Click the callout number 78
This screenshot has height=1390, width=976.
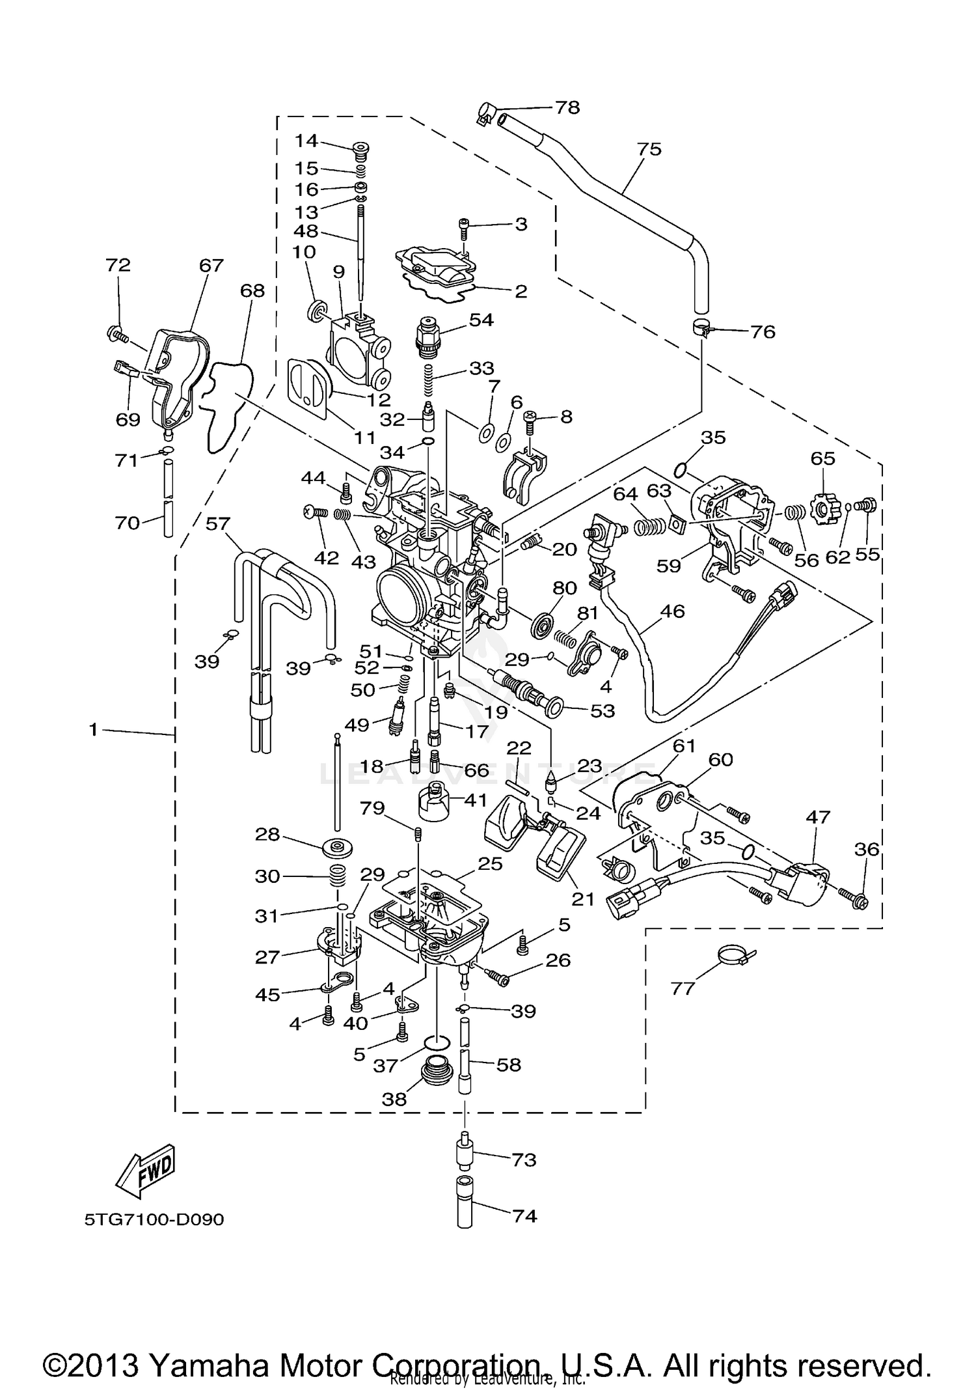[x=567, y=107]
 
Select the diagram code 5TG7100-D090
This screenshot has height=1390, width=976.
[x=154, y=1219]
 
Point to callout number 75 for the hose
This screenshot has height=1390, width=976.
[x=649, y=149]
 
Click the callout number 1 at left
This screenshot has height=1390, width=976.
[x=93, y=730]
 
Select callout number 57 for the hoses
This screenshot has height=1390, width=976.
[x=219, y=523]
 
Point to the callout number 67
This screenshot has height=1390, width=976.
[x=211, y=265]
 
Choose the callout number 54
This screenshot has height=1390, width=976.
[x=481, y=320]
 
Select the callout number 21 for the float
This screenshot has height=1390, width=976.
[x=583, y=898]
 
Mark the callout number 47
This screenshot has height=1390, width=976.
[x=818, y=816]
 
